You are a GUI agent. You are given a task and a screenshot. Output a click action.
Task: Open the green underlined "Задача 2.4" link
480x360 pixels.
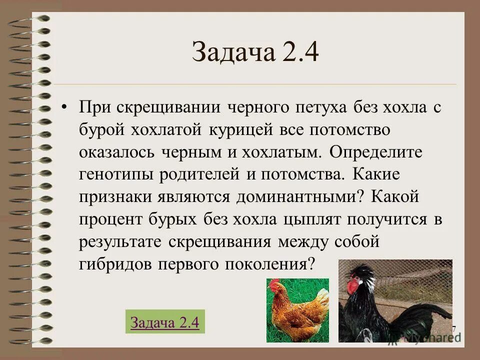coord(164,322)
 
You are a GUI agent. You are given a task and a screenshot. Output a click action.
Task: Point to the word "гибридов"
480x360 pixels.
coord(115,263)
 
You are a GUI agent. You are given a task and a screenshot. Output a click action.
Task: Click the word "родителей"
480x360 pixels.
coord(200,174)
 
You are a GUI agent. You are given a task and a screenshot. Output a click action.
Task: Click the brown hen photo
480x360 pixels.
coord(297,310)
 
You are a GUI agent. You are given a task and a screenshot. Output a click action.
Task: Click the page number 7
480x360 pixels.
coord(453,329)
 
